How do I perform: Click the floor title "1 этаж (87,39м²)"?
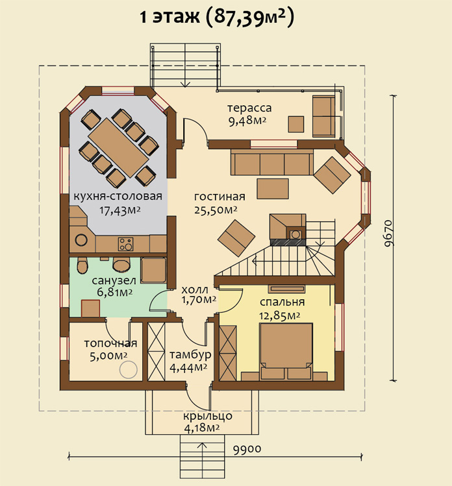(217, 17)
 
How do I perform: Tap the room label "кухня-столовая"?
(118, 196)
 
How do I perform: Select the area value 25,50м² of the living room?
(216, 210)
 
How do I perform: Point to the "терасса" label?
(249, 108)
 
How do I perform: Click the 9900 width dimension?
(247, 448)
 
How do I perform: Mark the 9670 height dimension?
(388, 234)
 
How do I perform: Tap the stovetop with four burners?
(125, 244)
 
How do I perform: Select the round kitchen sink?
(81, 240)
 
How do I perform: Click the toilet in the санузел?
(82, 265)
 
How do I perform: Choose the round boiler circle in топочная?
(129, 369)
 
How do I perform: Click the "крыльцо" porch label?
(208, 415)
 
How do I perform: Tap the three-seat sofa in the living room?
(272, 163)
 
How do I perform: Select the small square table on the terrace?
(296, 125)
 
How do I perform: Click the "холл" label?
(195, 290)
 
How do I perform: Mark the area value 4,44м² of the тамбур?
(188, 368)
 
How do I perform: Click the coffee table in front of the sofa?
(273, 189)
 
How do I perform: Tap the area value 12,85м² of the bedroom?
(279, 315)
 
